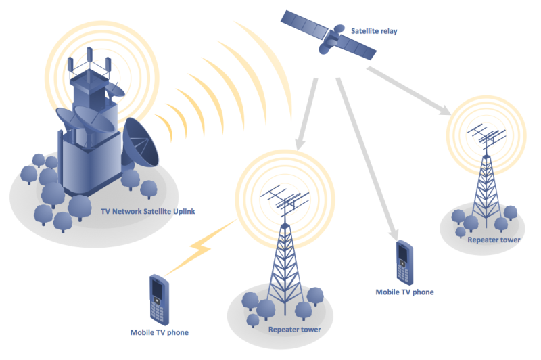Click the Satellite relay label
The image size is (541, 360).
coord(374,31)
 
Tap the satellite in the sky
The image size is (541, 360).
coord(328,35)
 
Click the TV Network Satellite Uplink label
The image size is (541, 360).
coord(147,211)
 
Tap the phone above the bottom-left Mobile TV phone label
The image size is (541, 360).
coord(159,300)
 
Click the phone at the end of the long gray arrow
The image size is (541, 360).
coord(404,263)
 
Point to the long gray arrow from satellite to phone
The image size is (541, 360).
coord(367,159)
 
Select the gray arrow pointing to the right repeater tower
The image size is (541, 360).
coord(409,91)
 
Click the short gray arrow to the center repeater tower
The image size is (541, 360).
coord(306,114)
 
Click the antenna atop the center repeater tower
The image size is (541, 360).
coord(285,202)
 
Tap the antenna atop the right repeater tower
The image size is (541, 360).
coord(486,137)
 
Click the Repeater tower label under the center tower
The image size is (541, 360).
coord(295,330)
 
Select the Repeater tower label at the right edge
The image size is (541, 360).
coord(494,240)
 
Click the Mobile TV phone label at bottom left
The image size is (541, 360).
coord(160,332)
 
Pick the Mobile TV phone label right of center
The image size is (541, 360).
coord(404,292)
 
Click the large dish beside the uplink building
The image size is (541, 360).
coord(141,142)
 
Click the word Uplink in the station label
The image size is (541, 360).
coord(184,212)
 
